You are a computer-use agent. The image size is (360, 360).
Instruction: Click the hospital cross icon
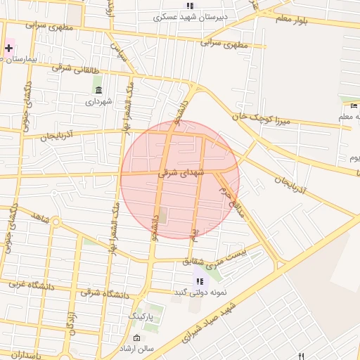click(x=8, y=49)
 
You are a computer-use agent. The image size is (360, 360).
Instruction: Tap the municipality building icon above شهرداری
click(x=98, y=90)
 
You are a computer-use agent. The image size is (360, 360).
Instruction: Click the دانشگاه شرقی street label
click(x=105, y=290)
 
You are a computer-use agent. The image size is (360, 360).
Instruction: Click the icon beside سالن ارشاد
click(x=136, y=338)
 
